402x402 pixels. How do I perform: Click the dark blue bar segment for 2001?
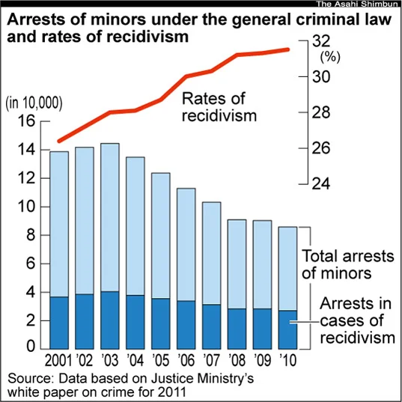coord(59,323)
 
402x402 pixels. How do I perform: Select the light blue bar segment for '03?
coord(110,217)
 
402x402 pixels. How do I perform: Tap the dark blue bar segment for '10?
coord(287,329)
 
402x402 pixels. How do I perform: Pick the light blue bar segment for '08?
coord(237,264)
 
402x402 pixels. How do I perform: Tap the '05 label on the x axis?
coord(161,360)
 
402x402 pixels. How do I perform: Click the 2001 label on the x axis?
coord(58,360)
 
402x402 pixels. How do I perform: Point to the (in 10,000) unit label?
coord(34,104)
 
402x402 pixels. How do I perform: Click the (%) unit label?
coord(330,57)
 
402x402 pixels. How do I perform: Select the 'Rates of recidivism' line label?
coord(219,107)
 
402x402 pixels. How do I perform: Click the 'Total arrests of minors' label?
coord(347,264)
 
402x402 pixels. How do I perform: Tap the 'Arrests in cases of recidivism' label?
coord(357,320)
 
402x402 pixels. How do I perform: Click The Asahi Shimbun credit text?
coord(359,4)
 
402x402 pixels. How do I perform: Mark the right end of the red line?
coord(288,49)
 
